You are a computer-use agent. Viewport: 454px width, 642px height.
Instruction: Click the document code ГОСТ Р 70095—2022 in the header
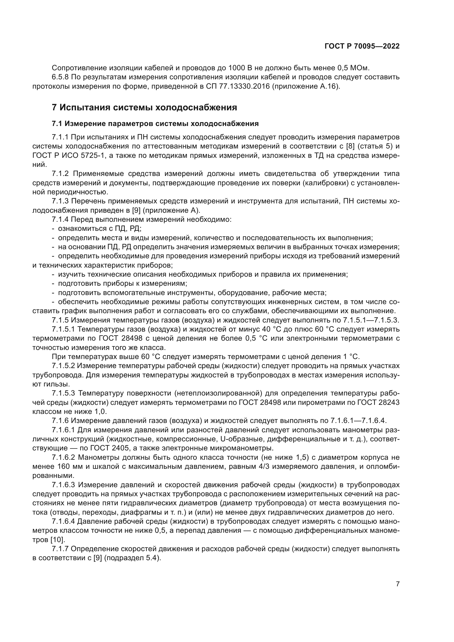point(362,46)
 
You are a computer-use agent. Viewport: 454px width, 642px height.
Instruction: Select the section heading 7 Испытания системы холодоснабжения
point(144,107)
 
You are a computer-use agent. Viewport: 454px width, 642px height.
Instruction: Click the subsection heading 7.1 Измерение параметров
point(155,124)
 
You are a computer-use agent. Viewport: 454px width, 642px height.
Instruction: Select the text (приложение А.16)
point(306,86)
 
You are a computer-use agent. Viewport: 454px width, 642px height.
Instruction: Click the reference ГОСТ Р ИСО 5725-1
point(69,155)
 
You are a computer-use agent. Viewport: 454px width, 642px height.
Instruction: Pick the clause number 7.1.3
point(60,201)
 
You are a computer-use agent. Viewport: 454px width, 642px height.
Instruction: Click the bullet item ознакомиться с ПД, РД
point(100,228)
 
